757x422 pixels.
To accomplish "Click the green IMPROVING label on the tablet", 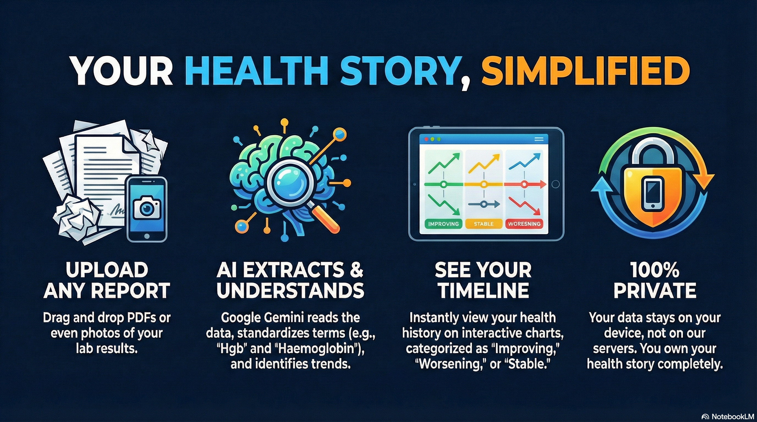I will [x=443, y=224].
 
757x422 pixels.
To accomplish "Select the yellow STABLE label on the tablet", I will [x=484, y=224].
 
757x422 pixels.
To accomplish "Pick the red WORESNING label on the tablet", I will [x=524, y=224].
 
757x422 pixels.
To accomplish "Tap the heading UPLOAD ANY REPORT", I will [x=107, y=280].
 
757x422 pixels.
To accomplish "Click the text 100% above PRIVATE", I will [x=655, y=270].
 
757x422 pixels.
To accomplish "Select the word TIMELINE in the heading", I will [x=484, y=290].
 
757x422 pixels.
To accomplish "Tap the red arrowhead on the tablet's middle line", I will [x=542, y=185].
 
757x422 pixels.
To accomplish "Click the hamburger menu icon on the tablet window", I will [x=539, y=139].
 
